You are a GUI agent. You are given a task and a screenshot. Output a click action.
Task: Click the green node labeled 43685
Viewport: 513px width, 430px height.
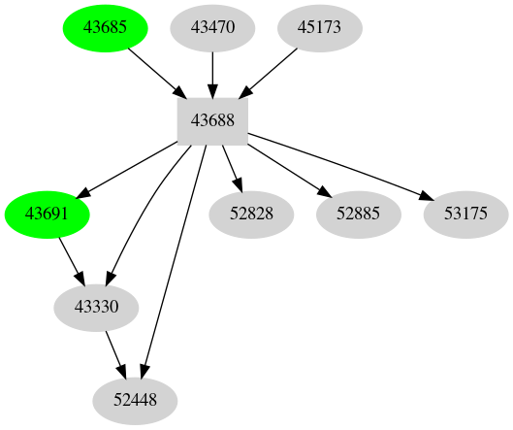pyautogui.click(x=105, y=27)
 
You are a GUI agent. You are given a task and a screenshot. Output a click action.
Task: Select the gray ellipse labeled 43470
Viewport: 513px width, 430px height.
pyautogui.click(x=212, y=27)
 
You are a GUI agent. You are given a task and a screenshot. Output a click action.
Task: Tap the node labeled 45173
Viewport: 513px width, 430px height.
pyautogui.click(x=319, y=27)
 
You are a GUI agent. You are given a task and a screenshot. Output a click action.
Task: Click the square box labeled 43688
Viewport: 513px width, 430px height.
pyautogui.click(x=212, y=120)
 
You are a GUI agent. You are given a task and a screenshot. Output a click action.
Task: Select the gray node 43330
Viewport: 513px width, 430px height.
pyautogui.click(x=96, y=307)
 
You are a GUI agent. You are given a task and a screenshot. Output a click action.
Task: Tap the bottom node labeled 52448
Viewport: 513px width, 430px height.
pyautogui.click(x=135, y=399)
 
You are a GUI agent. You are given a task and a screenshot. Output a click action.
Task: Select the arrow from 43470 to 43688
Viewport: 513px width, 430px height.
pyautogui.click(x=212, y=74)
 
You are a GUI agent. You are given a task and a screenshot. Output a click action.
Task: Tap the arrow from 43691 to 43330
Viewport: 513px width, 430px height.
pyautogui.click(x=70, y=257)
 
